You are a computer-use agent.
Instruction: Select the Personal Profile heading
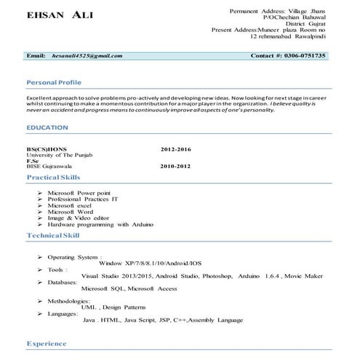[53, 82]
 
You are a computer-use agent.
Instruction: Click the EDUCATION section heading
[47, 127]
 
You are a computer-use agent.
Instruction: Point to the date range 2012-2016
[175, 149]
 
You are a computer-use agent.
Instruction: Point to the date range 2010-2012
[175, 167]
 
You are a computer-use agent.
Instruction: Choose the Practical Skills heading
[54, 177]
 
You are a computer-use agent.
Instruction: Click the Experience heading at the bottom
[47, 343]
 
